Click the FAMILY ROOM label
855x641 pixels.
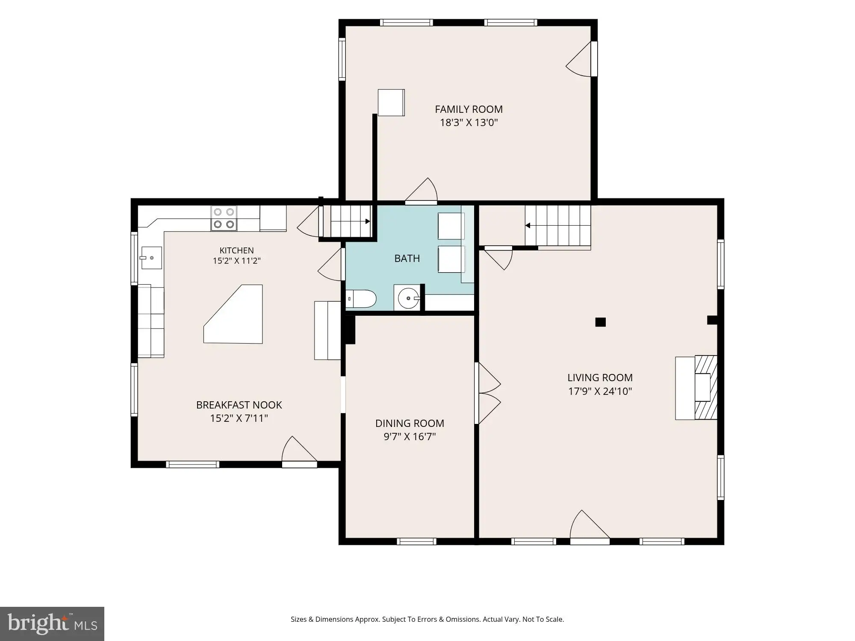pos(469,109)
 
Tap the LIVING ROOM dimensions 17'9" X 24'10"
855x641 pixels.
pos(600,391)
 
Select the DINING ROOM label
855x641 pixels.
pos(410,423)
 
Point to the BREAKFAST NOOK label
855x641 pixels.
pos(239,405)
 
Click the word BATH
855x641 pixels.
pos(407,258)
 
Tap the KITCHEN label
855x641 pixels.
pos(236,250)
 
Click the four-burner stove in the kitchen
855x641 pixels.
pos(224,218)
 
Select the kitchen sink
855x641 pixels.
pos(151,258)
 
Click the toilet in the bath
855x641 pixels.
pos(361,299)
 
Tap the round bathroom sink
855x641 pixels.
pos(408,298)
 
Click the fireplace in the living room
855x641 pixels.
pos(696,388)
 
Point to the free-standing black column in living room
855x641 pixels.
pos(601,322)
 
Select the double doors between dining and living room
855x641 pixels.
pos(487,393)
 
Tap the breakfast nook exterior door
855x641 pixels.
pos(299,451)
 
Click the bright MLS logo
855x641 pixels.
pos(52,624)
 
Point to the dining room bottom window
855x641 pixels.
pos(416,541)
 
